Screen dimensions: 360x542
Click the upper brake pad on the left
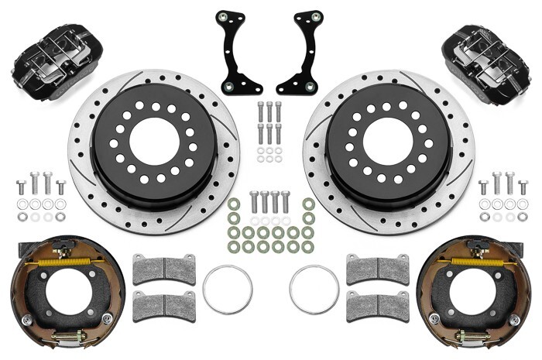(x=164, y=269)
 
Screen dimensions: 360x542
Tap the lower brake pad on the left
(x=164, y=306)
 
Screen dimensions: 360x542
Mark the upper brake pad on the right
(x=377, y=269)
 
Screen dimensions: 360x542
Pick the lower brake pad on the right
(x=377, y=306)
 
